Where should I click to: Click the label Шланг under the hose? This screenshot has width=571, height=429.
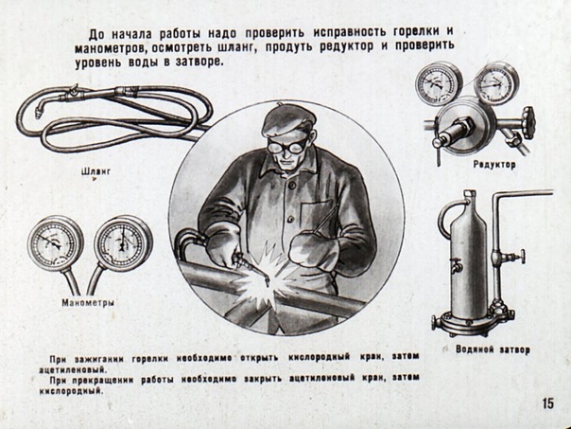96,171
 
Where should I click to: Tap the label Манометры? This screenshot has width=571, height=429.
88,303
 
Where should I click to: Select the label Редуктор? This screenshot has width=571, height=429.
494,165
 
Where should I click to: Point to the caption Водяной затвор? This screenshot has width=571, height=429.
493,349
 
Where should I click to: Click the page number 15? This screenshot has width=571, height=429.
548,403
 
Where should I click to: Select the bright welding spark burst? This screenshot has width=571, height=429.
261,279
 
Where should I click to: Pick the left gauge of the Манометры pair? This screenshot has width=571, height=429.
56,242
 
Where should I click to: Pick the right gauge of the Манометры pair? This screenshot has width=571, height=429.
123,243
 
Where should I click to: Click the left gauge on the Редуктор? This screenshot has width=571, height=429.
439,83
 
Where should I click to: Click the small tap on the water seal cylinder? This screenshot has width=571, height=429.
456,265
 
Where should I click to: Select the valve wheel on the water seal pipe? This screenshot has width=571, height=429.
522,257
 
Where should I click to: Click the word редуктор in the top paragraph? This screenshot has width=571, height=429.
347,47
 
